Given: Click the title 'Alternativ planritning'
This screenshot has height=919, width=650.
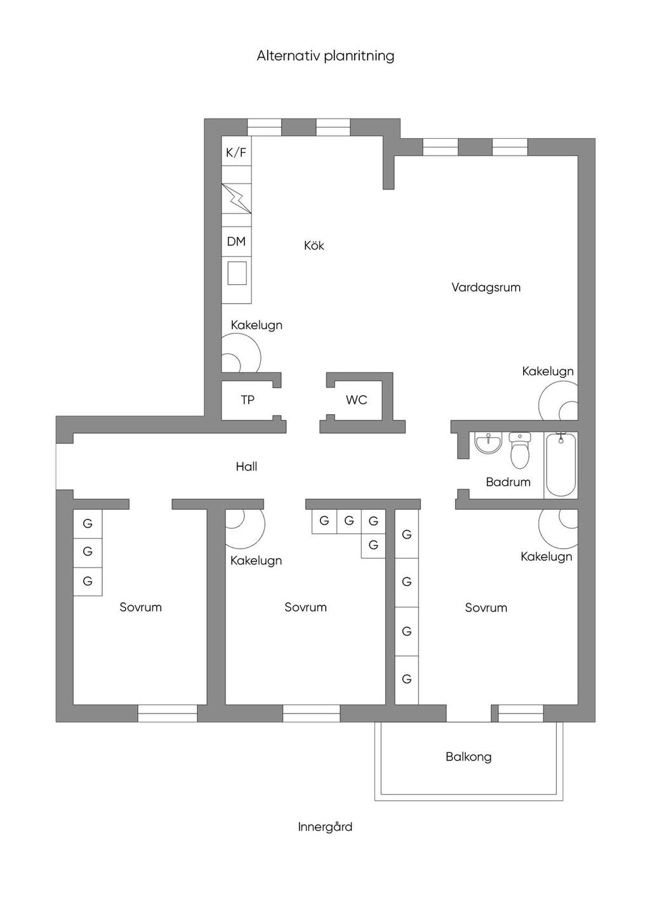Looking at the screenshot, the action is point(325,56).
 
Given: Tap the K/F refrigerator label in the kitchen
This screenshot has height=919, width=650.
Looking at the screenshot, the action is point(236,153).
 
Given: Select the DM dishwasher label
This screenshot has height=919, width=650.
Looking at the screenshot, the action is point(236,241).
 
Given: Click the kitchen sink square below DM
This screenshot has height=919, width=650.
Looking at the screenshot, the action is point(237,273).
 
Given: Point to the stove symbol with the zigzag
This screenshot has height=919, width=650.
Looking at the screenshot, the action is point(237,198).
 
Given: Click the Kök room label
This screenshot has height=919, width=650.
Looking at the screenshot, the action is point(314,245).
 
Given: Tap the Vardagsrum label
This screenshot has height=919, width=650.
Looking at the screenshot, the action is point(486,287).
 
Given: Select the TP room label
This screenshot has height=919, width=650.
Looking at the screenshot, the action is point(248,400).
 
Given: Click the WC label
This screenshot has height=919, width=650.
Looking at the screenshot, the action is point(356,400).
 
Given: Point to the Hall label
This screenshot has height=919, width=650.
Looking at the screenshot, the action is point(246,466).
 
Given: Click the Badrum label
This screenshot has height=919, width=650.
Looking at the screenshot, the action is point(508,481).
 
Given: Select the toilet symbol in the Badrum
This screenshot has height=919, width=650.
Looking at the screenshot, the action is point(520,450).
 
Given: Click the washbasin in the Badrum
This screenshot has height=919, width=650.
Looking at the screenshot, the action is point(488,443).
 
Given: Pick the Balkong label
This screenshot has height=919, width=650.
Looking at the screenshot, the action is point(468,757).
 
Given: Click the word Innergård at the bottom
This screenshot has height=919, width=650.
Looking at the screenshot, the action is point(325,826).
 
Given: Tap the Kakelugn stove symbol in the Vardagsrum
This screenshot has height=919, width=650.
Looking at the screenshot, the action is point(559,400).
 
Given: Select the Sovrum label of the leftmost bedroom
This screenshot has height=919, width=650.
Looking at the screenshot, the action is point(140,607).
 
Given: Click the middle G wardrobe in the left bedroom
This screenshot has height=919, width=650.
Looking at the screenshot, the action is point(88,552).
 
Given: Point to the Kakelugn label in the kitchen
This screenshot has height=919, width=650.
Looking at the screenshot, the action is point(256,325).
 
